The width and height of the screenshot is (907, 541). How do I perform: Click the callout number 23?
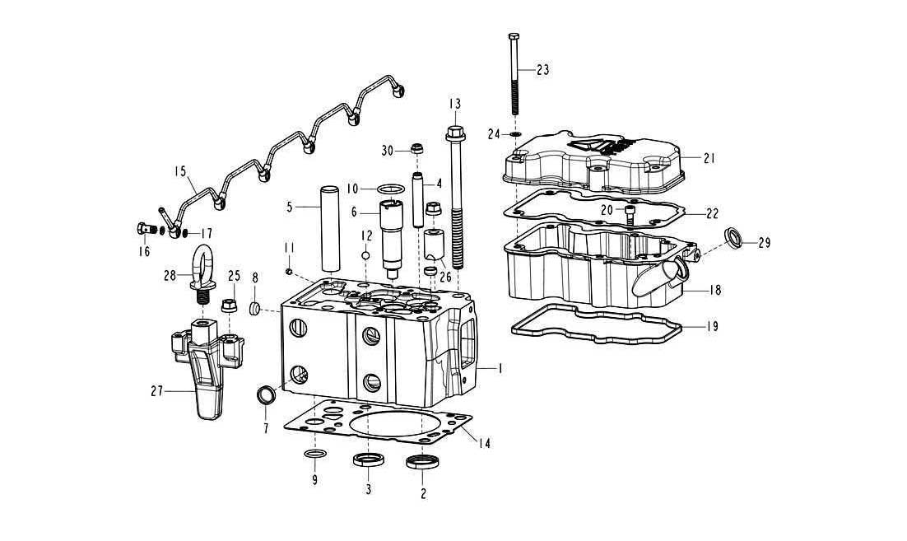click(542, 70)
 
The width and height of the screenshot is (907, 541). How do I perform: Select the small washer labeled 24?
click(515, 133)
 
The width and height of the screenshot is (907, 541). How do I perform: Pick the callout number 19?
click(712, 326)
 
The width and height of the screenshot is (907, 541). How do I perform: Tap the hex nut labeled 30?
click(416, 150)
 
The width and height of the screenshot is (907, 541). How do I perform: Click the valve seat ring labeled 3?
click(367, 460)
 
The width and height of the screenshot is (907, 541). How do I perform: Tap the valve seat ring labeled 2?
click(422, 462)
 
